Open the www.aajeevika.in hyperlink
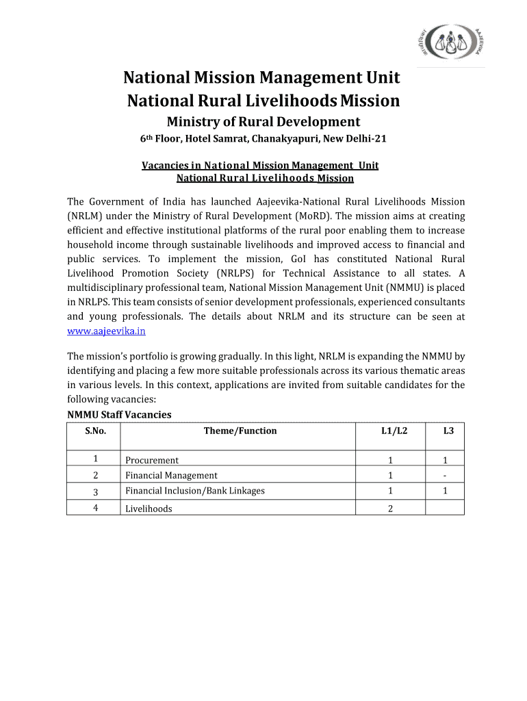tap(106, 331)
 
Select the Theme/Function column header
tap(240, 431)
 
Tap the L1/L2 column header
tap(390, 431)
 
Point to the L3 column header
tap(445, 431)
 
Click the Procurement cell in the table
tap(152, 460)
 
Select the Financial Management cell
tap(171, 475)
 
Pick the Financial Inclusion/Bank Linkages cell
tap(194, 490)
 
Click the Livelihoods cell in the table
tap(149, 508)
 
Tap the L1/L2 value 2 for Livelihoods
tap(390, 508)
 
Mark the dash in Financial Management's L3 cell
tap(445, 475)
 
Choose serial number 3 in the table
tap(95, 491)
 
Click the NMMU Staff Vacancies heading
tap(119, 414)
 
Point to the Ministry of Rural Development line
tap(263, 122)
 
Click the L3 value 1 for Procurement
tap(445, 460)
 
